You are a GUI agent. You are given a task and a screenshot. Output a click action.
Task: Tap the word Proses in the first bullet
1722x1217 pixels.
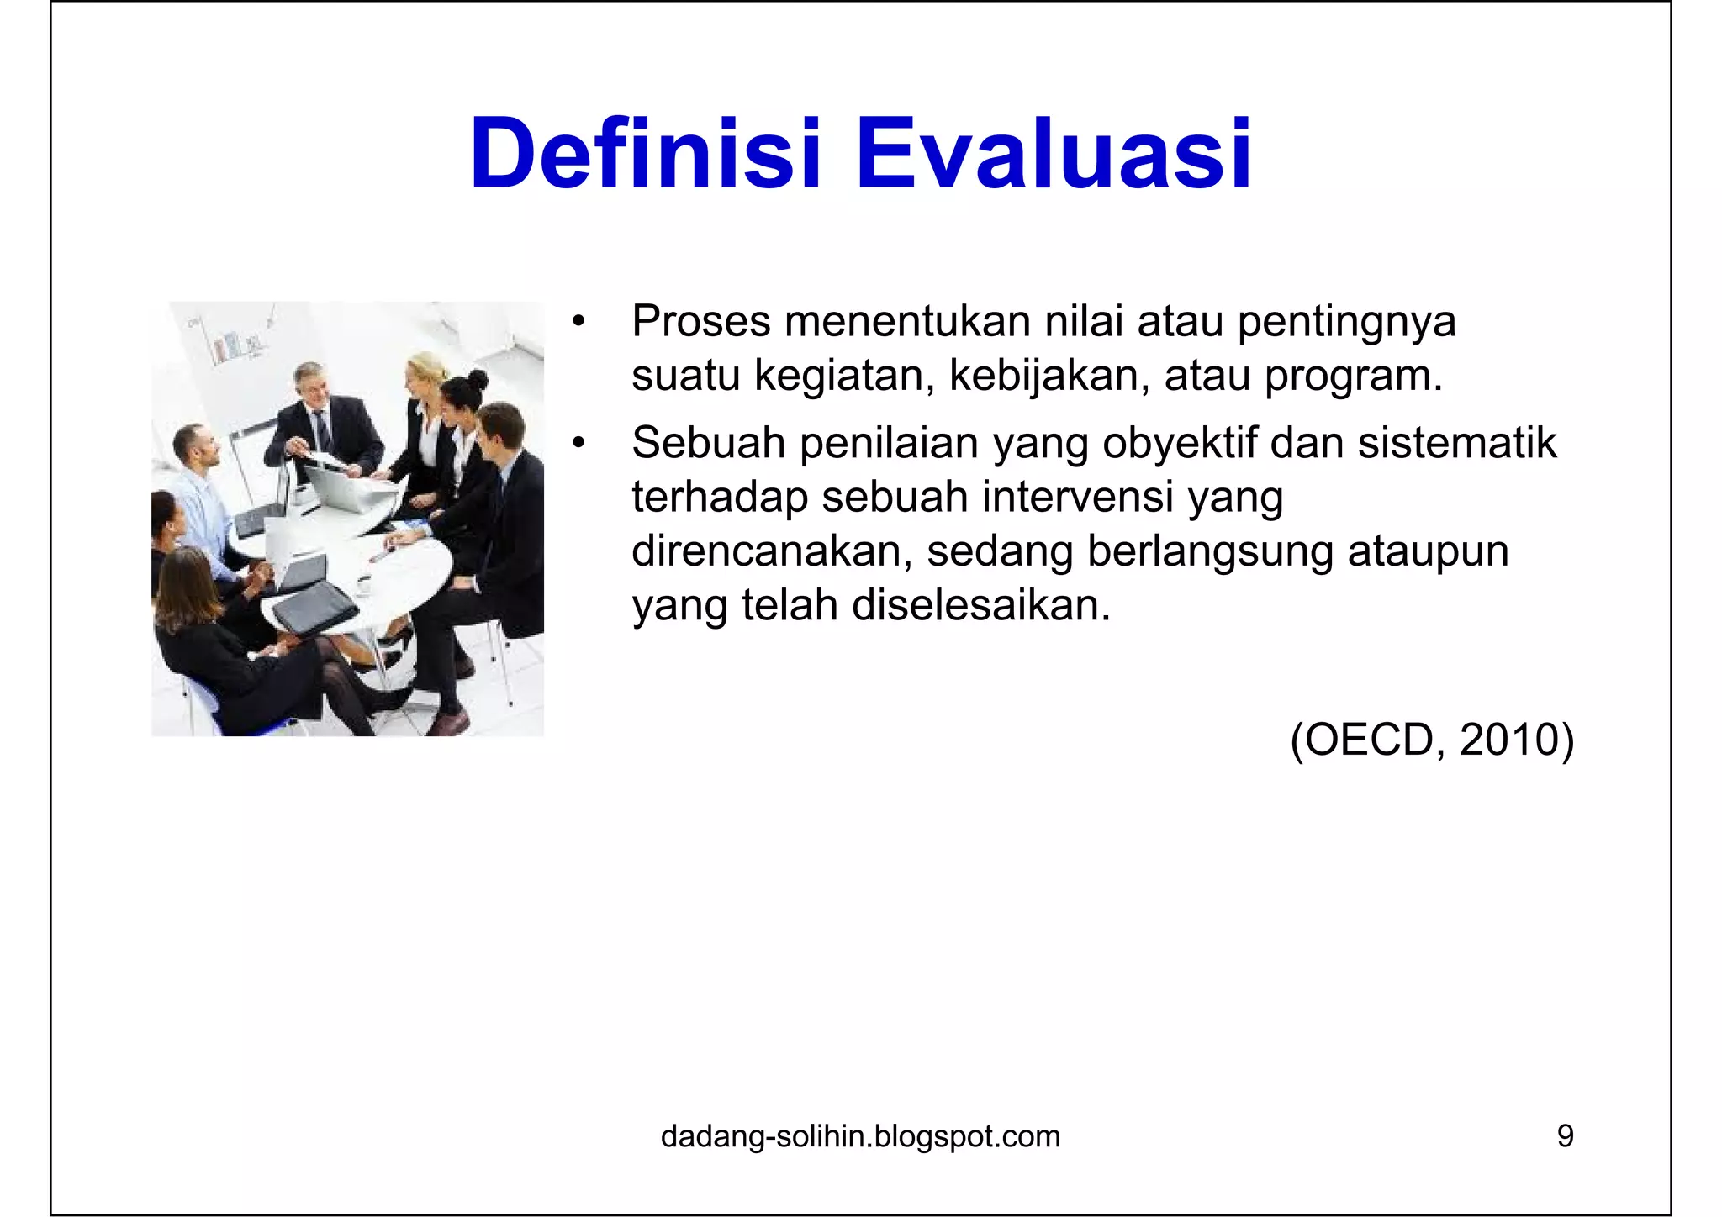click(x=701, y=322)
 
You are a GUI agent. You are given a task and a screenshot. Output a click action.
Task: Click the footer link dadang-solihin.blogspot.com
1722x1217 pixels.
click(x=860, y=1136)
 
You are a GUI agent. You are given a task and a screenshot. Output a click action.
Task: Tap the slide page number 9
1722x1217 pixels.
click(x=1565, y=1136)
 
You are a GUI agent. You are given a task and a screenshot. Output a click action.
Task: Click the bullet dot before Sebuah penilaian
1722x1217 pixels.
click(x=577, y=445)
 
